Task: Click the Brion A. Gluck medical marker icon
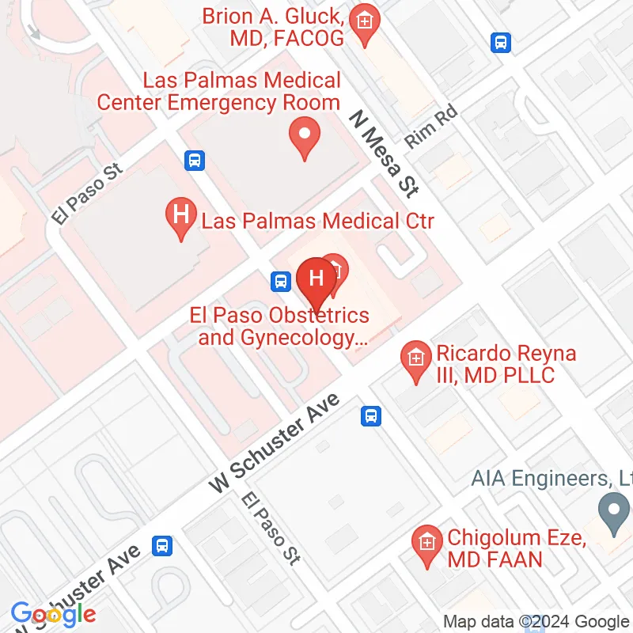click(x=364, y=19)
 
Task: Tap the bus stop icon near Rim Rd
click(x=500, y=42)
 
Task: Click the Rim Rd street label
click(x=431, y=128)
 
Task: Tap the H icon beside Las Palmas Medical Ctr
click(x=180, y=214)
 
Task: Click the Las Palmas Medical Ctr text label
click(x=317, y=220)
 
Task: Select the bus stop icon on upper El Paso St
click(x=195, y=161)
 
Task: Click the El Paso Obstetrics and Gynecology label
click(x=279, y=327)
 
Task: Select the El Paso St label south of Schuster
click(x=271, y=529)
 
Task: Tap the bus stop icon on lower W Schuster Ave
click(x=162, y=545)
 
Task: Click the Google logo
click(x=53, y=613)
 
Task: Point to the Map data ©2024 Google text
click(x=535, y=622)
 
